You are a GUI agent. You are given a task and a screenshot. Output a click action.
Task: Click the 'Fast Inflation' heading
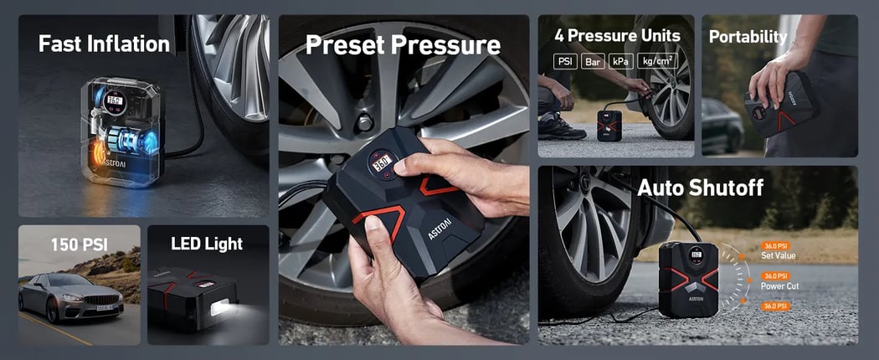pos(104,44)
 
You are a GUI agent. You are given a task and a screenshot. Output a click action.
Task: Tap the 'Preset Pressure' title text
pos(402,44)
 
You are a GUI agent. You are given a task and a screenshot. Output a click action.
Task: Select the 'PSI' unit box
pos(566,62)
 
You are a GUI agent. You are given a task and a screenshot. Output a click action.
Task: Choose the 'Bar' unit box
pos(594,62)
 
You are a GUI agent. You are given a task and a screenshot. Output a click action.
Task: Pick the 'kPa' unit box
pos(622,62)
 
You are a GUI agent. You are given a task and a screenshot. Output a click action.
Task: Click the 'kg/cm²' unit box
pos(657,62)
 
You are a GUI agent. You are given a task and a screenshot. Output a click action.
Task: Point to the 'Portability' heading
pos(748,37)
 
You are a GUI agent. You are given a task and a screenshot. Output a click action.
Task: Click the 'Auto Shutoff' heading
pos(700,188)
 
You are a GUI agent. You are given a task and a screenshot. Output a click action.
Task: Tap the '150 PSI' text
pos(80,244)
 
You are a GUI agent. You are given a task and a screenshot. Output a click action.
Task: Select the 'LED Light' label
pos(207,244)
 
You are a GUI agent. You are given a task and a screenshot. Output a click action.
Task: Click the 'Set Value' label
pos(778,255)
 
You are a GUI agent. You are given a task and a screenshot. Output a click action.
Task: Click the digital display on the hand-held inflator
pos(382,165)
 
